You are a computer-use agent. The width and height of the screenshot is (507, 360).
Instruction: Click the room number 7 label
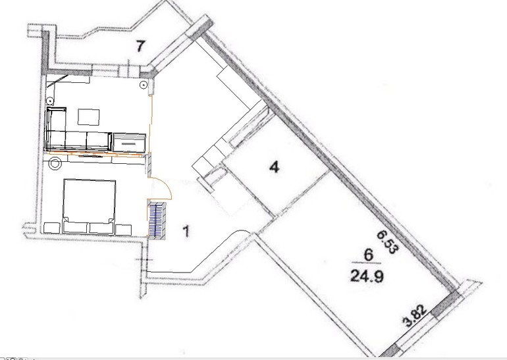(140, 46)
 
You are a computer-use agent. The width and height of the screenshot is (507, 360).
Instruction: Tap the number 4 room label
(275, 167)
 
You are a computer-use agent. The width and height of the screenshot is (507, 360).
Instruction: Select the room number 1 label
(186, 232)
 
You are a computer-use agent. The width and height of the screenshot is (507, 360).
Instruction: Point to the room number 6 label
(368, 255)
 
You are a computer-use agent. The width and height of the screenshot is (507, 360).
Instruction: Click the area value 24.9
(367, 276)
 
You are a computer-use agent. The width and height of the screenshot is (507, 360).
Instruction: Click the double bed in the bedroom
(90, 206)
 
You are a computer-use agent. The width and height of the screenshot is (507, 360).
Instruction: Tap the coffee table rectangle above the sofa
(88, 117)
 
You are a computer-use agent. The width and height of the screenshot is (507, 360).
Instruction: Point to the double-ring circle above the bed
(55, 163)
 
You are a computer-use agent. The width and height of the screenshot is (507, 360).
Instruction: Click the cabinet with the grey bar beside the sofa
(128, 143)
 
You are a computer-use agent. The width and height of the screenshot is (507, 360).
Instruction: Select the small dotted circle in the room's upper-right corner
(143, 86)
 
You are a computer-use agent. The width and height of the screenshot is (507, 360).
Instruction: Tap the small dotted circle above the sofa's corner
(51, 100)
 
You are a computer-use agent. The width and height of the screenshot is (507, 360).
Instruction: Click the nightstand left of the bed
(52, 228)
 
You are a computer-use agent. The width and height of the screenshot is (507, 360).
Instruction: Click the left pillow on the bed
(76, 226)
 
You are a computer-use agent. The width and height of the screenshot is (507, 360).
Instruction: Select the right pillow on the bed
(102, 227)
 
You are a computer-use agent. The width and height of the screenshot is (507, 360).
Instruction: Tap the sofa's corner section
(56, 129)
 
